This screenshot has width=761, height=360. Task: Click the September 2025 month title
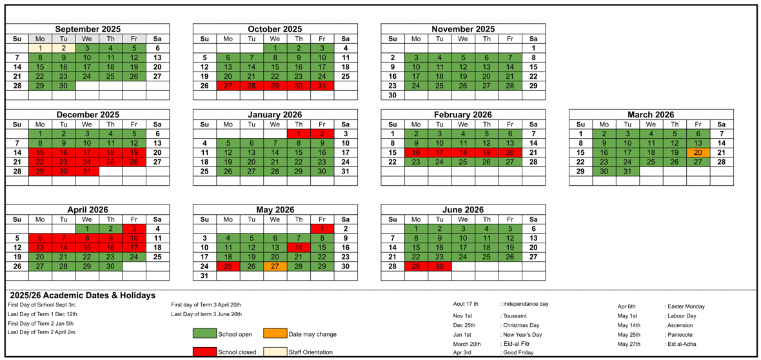[88, 29]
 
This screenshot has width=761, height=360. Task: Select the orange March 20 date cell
[698, 153]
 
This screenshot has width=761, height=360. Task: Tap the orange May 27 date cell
[275, 266]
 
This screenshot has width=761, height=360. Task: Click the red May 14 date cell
[299, 248]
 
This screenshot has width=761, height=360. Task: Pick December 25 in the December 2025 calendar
[110, 162]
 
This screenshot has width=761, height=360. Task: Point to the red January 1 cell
[299, 134]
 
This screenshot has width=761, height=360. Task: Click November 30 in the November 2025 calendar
[392, 95]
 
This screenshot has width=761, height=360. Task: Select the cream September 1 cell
[40, 48]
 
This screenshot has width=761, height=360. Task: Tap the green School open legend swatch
[204, 334]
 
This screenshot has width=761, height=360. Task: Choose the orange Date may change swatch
[275, 334]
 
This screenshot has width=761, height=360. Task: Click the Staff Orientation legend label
[311, 352]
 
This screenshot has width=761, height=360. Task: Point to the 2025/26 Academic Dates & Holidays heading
[83, 295]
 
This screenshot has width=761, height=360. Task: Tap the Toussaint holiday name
[515, 316]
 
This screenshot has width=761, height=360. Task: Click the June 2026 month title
[463, 210]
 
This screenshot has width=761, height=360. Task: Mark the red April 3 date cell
[134, 229]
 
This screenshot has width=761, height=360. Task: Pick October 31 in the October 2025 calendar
[322, 86]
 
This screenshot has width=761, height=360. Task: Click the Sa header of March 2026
[721, 125]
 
